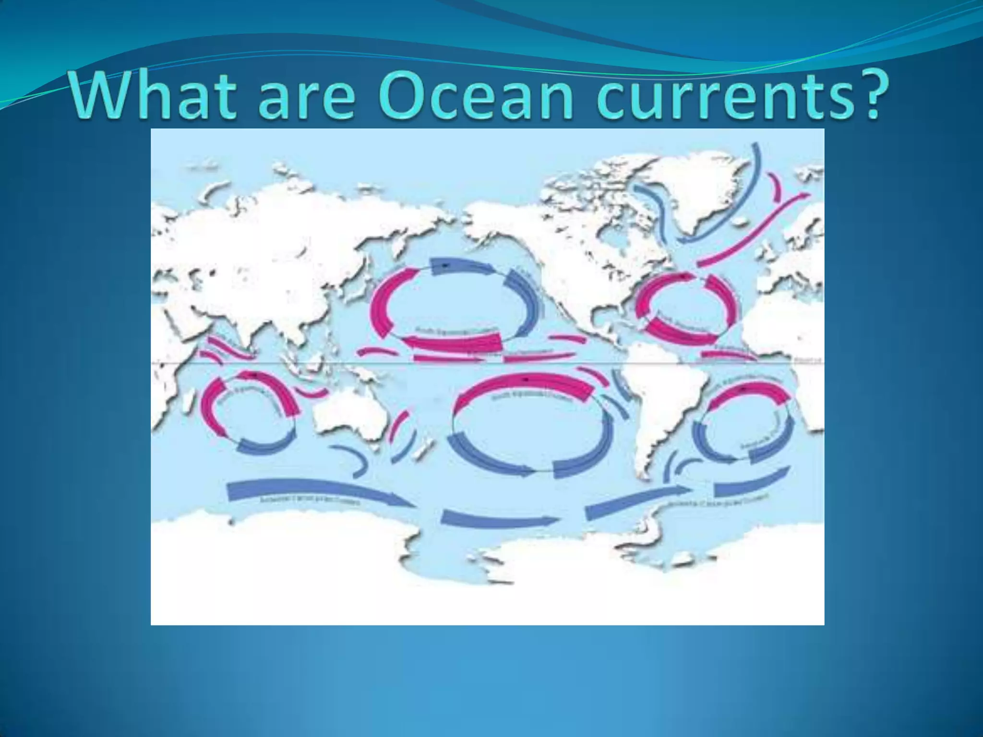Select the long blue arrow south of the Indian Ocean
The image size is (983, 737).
(317, 492)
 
